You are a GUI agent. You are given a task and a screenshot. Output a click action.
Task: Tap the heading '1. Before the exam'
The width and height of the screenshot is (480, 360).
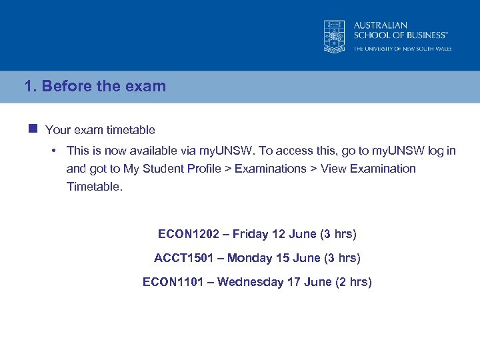coord(95,87)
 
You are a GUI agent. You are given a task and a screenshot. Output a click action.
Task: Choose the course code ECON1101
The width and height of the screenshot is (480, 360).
coord(175,282)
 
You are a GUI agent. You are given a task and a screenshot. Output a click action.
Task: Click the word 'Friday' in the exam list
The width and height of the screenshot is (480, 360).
coord(251,234)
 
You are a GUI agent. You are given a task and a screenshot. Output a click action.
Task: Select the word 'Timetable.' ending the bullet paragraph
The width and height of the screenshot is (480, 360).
coord(95,187)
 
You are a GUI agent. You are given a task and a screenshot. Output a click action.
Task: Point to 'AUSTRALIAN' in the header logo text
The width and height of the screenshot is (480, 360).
coord(381,25)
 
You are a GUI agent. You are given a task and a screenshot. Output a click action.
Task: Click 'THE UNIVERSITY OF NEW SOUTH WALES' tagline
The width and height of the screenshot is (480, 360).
coord(403,49)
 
